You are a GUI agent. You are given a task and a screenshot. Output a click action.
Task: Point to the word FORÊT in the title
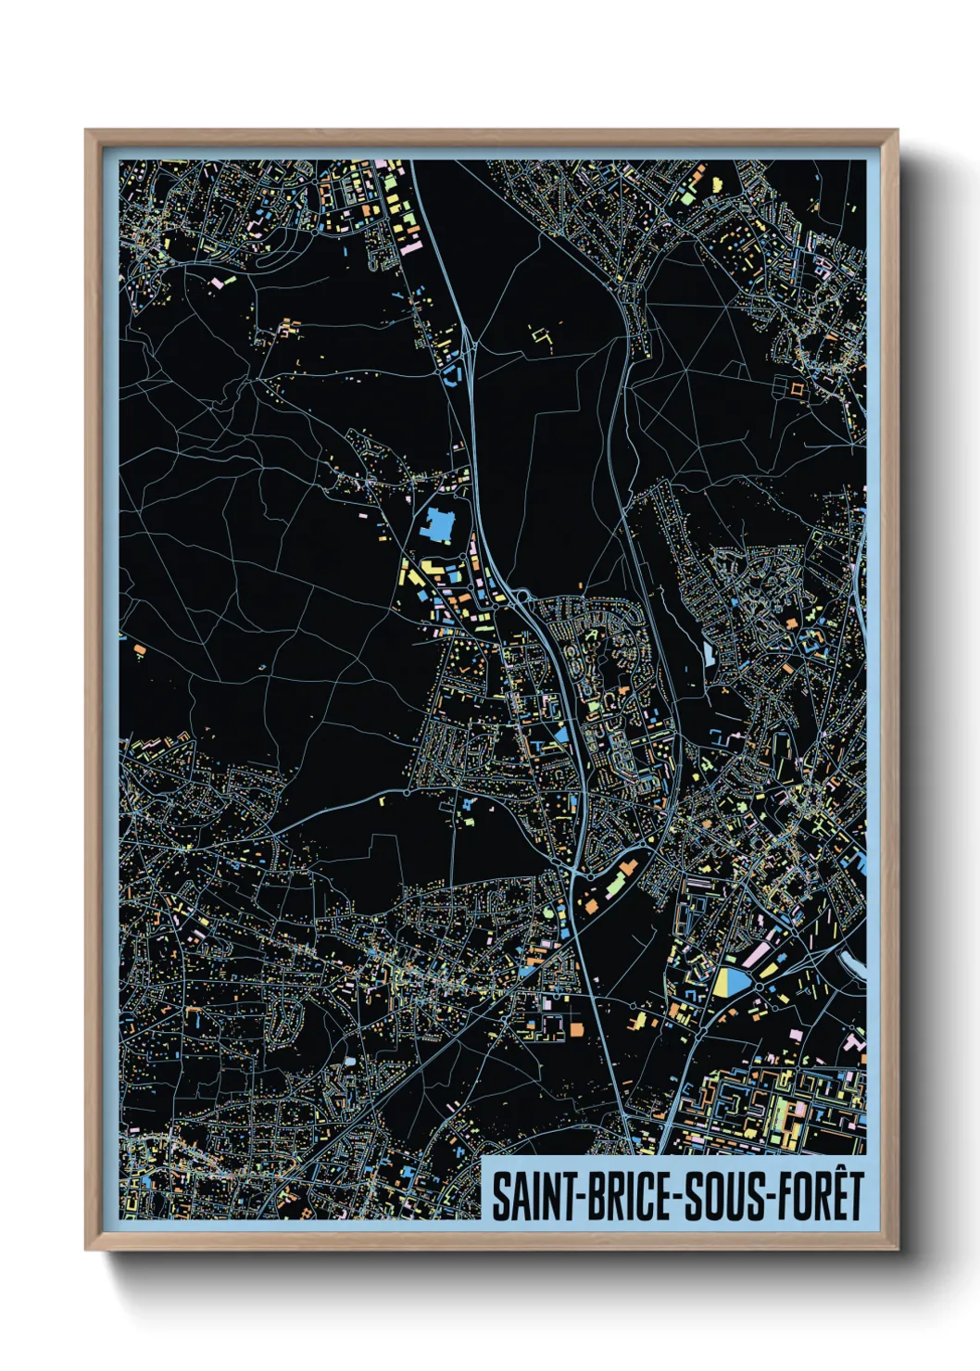(x=821, y=1196)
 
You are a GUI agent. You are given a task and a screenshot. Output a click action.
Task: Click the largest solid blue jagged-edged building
(x=437, y=526)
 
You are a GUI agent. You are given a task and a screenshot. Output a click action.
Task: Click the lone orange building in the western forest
(x=140, y=649)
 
